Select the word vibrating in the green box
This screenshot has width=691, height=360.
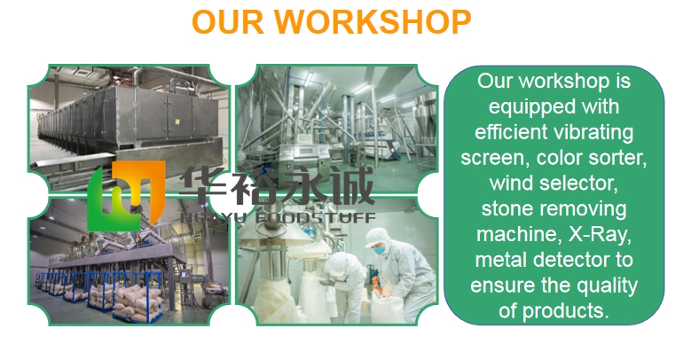click(x=593, y=132)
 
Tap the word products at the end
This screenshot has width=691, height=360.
click(x=565, y=310)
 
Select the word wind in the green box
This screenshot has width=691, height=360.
click(x=506, y=183)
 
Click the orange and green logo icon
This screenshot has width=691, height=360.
click(x=126, y=196)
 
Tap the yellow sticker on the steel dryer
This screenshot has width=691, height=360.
click(x=177, y=121)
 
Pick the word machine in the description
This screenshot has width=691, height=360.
click(x=519, y=234)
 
